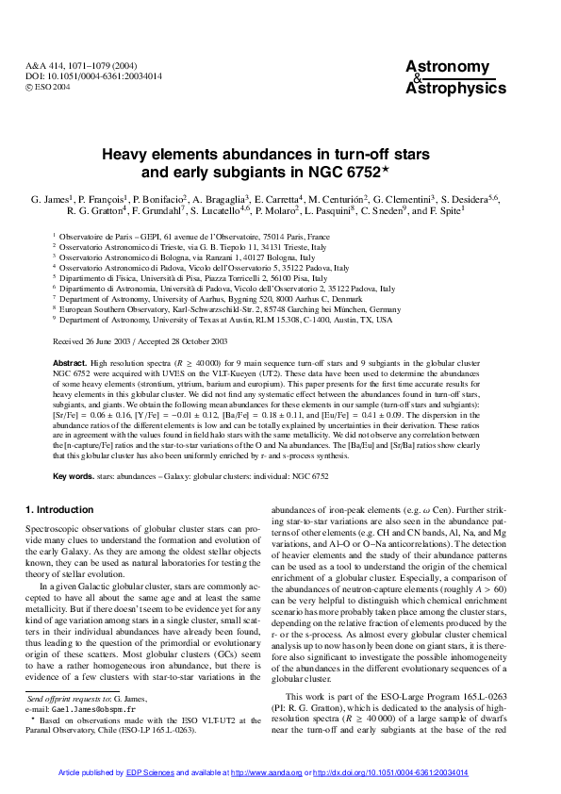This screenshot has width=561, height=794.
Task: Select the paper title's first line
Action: (x=280, y=156)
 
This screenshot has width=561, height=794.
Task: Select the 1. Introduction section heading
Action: (x=59, y=510)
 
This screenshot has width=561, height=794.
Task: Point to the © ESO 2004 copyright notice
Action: (x=49, y=85)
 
